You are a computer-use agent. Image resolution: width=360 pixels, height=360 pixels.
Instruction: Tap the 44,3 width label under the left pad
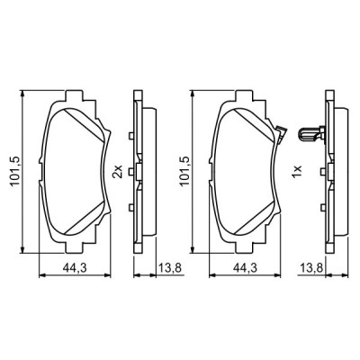pyautogui.click(x=75, y=265)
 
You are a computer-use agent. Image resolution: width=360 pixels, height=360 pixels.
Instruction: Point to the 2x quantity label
pyautogui.click(x=117, y=170)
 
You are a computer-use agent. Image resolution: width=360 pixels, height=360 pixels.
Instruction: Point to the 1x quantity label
pyautogui.click(x=293, y=170)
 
